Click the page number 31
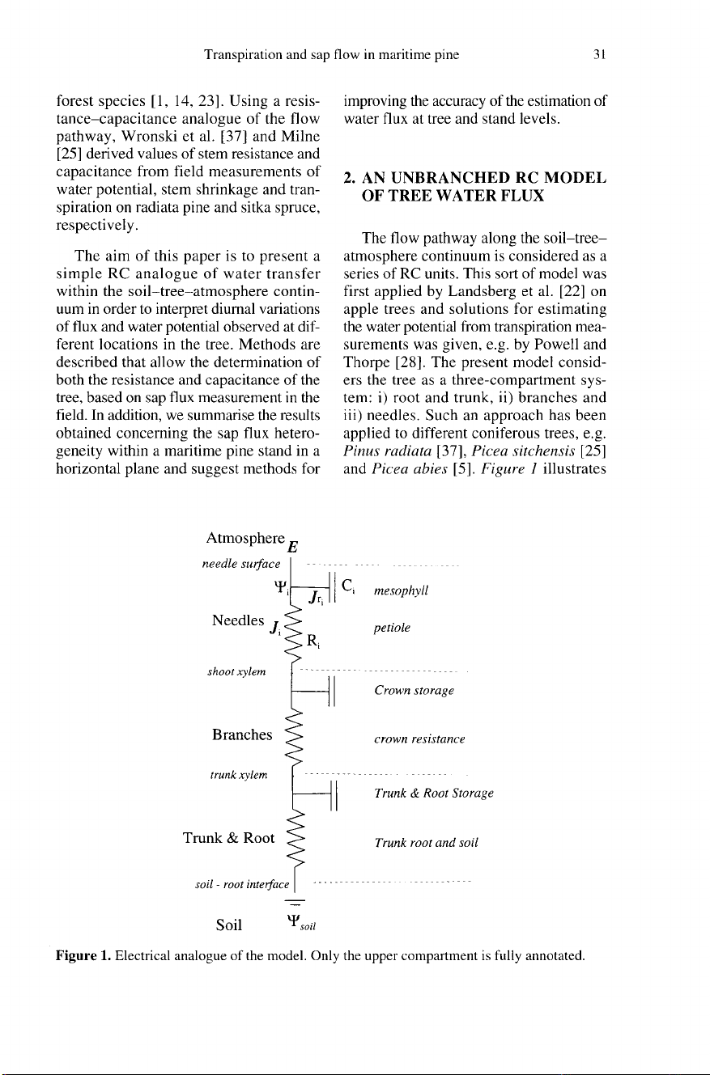[x=600, y=56]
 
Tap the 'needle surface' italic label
[x=242, y=563]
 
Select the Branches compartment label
[x=241, y=734]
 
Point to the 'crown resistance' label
[x=419, y=739]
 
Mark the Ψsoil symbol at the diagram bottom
[x=300, y=922]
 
